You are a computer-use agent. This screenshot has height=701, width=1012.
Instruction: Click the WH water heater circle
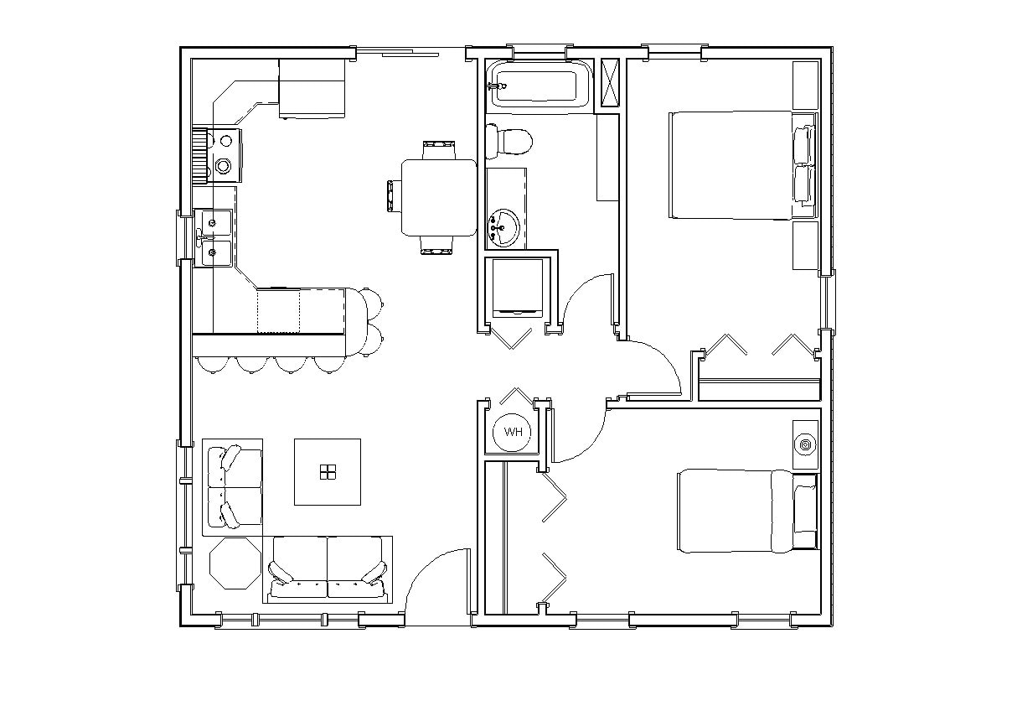tap(513, 432)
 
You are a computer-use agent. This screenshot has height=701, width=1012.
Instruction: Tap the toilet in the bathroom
tap(509, 141)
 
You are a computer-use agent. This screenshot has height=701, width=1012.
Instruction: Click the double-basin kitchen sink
tap(214, 237)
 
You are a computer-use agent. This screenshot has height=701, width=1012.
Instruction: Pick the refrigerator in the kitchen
tap(312, 87)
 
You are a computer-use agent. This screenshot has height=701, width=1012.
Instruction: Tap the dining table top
tap(438, 197)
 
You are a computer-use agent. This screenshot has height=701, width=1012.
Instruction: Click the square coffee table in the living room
tap(327, 471)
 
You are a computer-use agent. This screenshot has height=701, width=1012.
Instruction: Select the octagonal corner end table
tap(235, 564)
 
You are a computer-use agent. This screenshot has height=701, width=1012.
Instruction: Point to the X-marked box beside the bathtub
tap(610, 83)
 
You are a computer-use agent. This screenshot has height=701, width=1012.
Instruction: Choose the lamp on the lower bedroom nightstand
tap(806, 444)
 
